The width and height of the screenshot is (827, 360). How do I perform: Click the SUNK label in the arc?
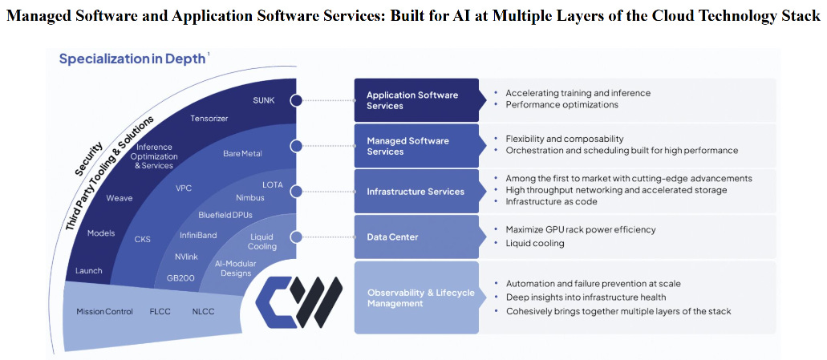click(264, 100)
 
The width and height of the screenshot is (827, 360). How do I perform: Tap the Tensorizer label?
click(209, 119)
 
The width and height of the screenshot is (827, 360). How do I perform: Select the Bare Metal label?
click(242, 153)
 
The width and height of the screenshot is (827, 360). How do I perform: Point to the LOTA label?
click(273, 185)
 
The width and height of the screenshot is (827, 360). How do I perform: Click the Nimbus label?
click(250, 197)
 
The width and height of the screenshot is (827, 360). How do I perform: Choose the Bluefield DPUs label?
click(225, 215)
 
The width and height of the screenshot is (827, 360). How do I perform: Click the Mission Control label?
click(104, 311)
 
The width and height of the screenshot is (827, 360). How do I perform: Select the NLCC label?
click(202, 311)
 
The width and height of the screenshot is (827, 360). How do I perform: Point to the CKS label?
click(142, 239)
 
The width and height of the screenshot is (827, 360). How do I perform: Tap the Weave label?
click(120, 198)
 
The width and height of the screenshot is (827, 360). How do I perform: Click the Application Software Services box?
click(416, 100)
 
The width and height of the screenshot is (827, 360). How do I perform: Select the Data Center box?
click(416, 237)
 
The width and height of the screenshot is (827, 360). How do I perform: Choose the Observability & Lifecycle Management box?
click(416, 297)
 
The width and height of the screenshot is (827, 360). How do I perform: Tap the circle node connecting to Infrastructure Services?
click(296, 192)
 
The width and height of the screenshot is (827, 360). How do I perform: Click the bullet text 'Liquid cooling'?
click(535, 243)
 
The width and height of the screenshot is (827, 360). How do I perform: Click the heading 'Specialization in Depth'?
click(132, 59)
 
